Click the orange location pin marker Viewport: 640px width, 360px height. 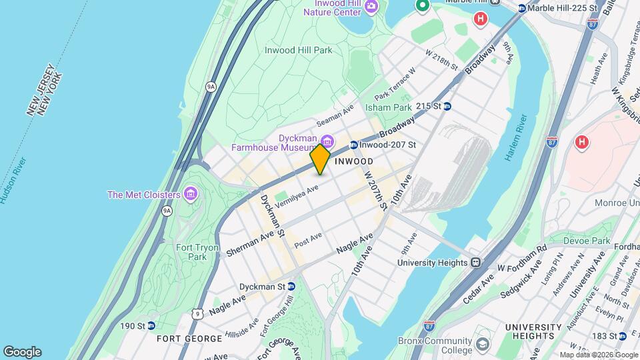320,159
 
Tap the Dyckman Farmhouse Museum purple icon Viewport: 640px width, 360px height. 327,141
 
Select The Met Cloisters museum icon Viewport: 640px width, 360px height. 191,195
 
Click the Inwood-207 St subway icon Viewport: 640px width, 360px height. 353,145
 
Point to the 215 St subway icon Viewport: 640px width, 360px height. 447,106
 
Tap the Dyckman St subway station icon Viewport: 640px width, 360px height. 291,287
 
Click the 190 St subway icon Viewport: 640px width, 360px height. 151,326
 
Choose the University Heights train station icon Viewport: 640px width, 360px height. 476,263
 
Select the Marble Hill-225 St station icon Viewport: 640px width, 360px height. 522,8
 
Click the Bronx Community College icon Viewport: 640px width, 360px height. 482,344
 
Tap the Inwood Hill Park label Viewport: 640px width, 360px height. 298,50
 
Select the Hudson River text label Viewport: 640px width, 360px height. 13,181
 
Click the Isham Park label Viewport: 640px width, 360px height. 388,107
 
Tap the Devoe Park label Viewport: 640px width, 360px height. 587,240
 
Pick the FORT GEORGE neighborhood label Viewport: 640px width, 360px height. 189,339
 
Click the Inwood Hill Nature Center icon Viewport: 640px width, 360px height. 371,7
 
